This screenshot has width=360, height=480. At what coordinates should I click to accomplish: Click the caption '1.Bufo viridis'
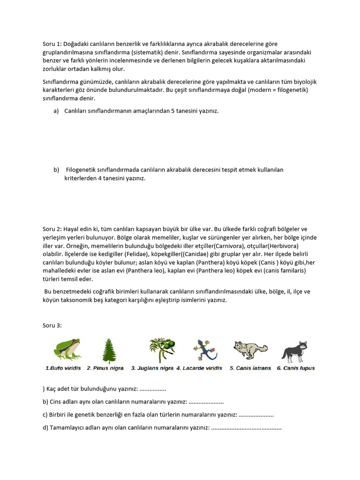[x=63, y=368]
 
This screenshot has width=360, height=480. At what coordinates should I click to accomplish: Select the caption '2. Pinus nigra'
[x=105, y=368]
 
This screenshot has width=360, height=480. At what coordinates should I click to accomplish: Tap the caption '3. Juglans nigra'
[x=152, y=368]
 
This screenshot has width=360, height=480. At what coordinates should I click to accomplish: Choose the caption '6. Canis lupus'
[x=296, y=368]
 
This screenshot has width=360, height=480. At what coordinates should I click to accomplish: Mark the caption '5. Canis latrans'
[x=250, y=368]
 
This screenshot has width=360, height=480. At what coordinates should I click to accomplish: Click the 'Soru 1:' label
[x=52, y=44]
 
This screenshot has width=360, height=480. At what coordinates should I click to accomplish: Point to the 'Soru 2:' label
[x=52, y=229]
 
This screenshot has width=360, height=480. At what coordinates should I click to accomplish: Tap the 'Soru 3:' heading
[x=52, y=325]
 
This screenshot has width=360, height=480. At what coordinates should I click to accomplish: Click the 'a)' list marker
[x=56, y=111]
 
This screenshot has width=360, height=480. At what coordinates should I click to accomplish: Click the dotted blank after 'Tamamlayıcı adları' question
[x=247, y=428]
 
